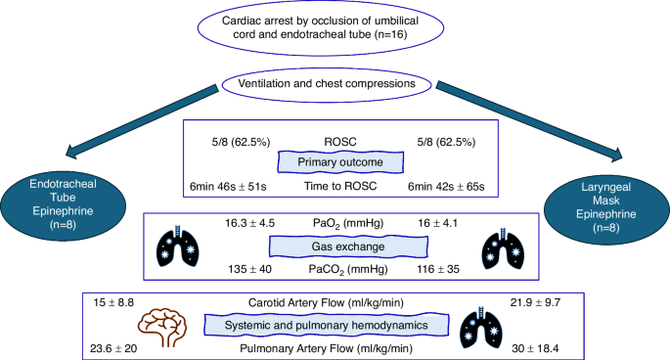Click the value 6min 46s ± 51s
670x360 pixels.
pyautogui.click(x=235, y=185)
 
